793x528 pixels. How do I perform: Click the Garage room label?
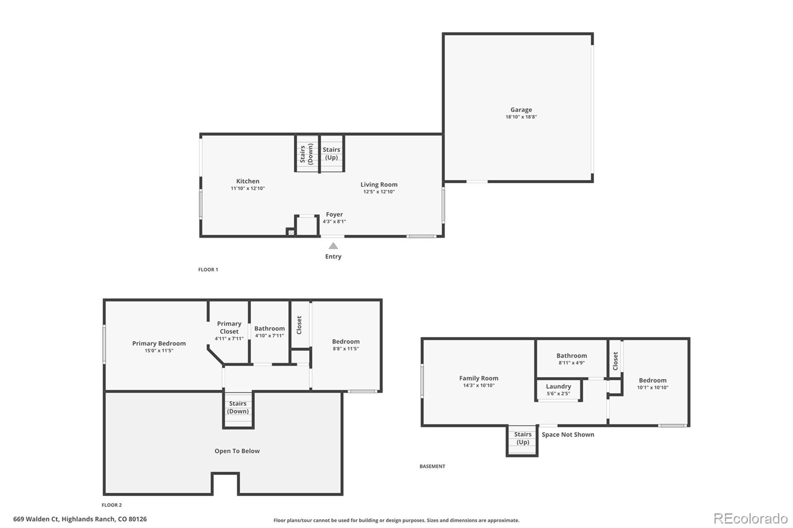521,110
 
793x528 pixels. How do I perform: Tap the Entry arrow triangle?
334,246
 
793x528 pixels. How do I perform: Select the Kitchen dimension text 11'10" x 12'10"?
248,189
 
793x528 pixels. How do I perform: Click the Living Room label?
379,185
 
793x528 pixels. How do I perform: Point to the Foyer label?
334,214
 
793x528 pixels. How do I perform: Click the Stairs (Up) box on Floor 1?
332,154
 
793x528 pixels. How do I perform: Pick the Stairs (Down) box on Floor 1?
307,154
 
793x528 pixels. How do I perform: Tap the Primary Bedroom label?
159,343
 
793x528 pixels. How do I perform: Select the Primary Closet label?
229,327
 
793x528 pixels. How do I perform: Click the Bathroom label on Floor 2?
269,328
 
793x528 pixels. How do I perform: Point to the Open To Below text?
237,451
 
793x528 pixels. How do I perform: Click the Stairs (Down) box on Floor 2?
238,408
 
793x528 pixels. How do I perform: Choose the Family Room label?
478,378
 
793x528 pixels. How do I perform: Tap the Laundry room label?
558,387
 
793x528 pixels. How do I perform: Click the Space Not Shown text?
567,435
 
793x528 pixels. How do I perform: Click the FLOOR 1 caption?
208,270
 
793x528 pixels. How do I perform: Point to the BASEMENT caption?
432,467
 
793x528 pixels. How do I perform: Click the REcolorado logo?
750,519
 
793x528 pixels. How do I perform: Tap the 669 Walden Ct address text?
80,520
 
